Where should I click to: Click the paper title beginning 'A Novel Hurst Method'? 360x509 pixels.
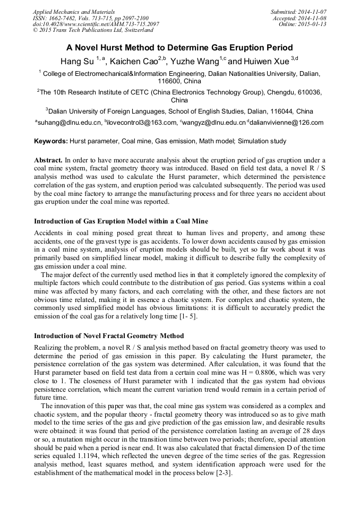[x=180, y=47]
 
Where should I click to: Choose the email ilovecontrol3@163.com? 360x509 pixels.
[x=142, y=123]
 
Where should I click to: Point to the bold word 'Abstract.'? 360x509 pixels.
[x=48, y=160]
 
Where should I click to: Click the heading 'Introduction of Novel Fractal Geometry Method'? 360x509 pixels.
[x=109, y=335]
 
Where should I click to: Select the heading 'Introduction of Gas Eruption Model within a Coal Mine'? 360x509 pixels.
[x=121, y=221]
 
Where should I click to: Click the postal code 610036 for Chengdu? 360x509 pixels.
[x=307, y=91]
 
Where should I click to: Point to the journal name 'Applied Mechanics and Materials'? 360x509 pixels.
[x=74, y=12]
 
